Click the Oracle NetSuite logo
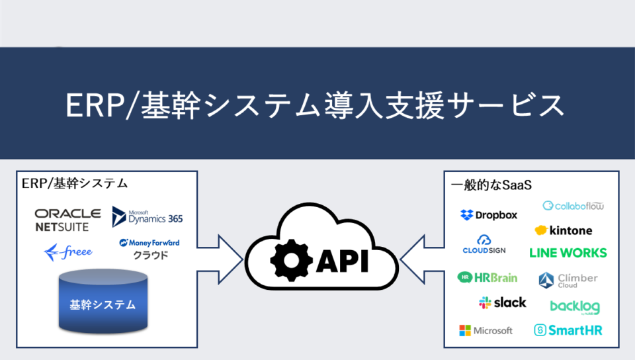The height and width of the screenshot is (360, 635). click(68, 220)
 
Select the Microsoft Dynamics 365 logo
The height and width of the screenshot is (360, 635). click(147, 216)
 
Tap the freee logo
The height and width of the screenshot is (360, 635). click(68, 252)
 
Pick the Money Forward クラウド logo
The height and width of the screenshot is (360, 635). click(149, 248)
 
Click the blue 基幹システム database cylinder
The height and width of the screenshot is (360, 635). click(103, 302)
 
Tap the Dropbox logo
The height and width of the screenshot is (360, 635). click(489, 214)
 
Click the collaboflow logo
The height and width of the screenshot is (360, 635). click(573, 205)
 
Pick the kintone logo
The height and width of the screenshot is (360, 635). click(563, 230)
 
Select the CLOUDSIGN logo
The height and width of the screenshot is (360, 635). click(484, 244)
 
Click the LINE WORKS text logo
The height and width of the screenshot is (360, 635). click(568, 253)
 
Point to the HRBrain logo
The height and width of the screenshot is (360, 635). click(487, 277)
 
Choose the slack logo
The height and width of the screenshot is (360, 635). click(503, 302)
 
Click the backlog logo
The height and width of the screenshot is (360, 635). click(575, 307)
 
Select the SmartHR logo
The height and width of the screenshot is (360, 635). click(568, 330)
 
